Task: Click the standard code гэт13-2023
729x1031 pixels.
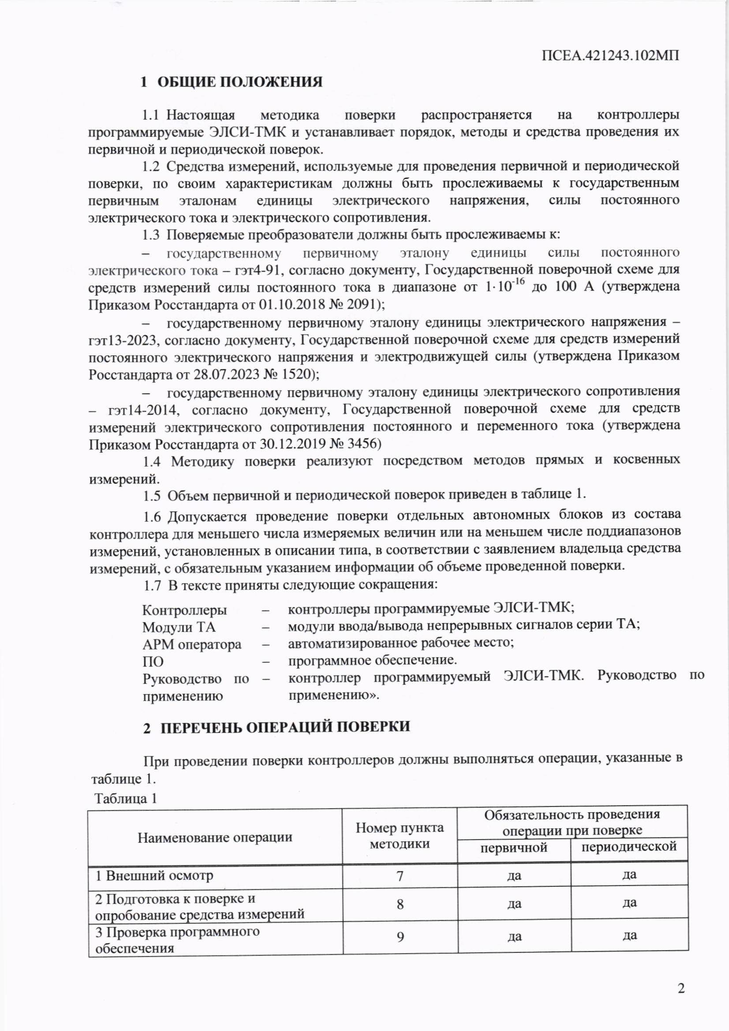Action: [123, 340]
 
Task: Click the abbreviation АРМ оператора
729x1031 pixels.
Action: [192, 645]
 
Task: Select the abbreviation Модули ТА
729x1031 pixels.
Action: [179, 628]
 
